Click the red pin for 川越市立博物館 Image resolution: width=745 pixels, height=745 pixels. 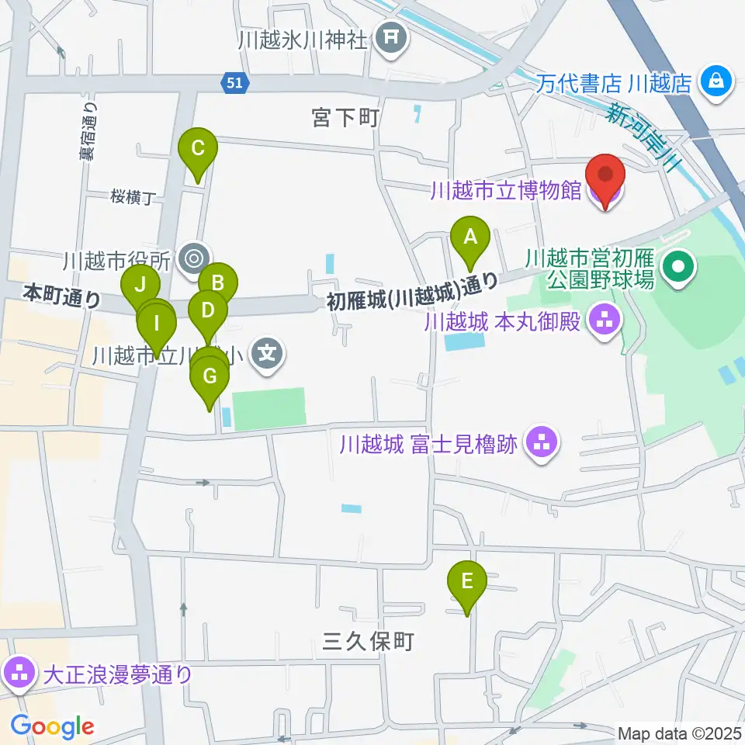point(605,177)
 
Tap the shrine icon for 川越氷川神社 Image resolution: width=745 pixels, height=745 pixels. point(391,37)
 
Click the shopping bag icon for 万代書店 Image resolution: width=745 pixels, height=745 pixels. point(716,81)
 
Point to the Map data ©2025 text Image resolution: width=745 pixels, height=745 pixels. point(678,733)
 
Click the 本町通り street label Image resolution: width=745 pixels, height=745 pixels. point(62,295)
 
